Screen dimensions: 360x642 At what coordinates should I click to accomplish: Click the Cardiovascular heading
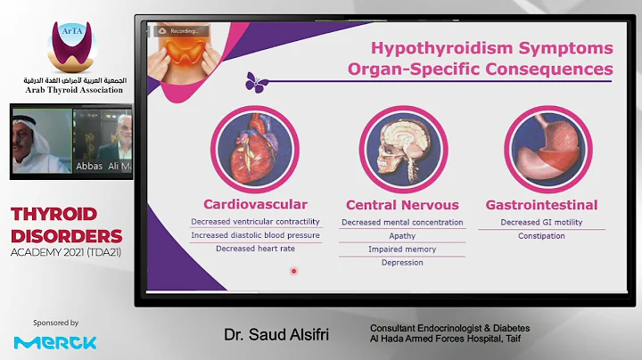coord(255,204)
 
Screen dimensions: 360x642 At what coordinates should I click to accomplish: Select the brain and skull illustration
coord(403,152)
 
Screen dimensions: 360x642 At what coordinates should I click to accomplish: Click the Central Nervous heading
coord(402,205)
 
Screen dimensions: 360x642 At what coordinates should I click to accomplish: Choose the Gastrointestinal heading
coord(541,205)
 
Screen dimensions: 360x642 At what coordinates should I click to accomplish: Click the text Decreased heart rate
coord(255,249)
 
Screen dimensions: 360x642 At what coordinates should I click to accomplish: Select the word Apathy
coord(402,235)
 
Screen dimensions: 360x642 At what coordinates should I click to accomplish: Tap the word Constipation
coord(541,235)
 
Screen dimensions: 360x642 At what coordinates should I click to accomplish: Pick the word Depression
coord(402,263)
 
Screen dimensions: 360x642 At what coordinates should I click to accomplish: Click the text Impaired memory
coord(402,250)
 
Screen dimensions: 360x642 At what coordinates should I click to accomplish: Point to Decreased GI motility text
coord(541,222)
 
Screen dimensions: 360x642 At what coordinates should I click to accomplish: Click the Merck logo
coord(55,342)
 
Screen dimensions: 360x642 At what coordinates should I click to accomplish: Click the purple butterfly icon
coord(257,81)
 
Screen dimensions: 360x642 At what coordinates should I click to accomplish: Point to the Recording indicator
coord(182,30)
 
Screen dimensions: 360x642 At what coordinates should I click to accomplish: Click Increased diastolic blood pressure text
coord(255,235)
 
